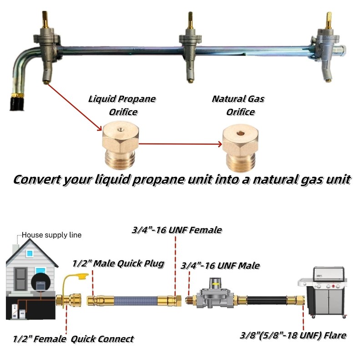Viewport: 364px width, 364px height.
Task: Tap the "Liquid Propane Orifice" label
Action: [122, 104]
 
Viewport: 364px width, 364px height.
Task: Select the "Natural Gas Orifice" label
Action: [238, 104]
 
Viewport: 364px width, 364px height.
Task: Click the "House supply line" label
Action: [51, 235]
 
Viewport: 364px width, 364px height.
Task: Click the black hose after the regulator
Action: [263, 301]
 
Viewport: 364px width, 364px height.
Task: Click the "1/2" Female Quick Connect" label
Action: [73, 339]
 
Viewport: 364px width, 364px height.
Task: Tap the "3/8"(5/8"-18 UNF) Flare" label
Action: [293, 336]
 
